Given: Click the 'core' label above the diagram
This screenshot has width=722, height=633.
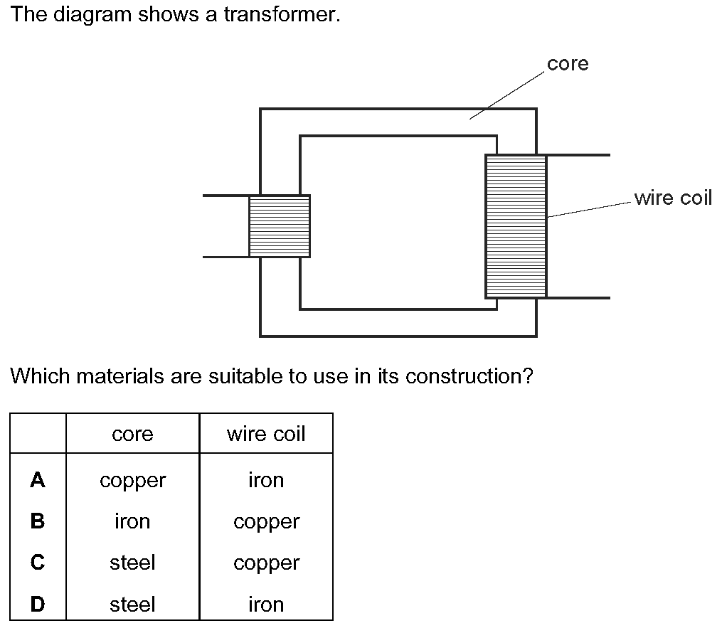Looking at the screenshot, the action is click(x=568, y=64).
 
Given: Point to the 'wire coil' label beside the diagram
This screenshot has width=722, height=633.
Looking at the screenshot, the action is click(x=673, y=198).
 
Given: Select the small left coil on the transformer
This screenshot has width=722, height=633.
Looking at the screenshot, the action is click(x=280, y=226).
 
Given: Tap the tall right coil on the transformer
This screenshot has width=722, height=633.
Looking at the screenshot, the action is click(x=516, y=226).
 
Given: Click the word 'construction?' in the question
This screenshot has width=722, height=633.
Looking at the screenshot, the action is click(x=469, y=376).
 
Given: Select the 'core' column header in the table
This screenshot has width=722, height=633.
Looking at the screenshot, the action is click(x=132, y=434).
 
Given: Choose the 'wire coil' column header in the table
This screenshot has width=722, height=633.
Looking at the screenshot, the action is click(x=266, y=434).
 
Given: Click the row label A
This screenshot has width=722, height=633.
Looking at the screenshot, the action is click(x=38, y=480).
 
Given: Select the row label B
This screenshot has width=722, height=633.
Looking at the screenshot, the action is click(x=38, y=521).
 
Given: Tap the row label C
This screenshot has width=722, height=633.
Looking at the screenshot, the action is click(x=38, y=562).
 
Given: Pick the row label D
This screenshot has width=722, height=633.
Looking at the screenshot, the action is click(x=38, y=604).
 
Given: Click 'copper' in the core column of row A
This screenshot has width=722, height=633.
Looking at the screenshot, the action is click(x=132, y=482).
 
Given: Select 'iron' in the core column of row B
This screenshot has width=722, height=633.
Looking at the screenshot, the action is click(x=132, y=521).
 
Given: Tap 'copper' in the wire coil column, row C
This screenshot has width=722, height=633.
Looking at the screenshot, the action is click(x=267, y=564).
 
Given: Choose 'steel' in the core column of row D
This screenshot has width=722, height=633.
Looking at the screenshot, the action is click(x=132, y=604).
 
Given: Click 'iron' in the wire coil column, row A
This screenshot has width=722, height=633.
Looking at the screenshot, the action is click(x=266, y=480).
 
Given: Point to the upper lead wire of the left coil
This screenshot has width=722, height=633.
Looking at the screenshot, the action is click(x=225, y=196).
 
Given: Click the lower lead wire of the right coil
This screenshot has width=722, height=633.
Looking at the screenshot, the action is click(x=578, y=298).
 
